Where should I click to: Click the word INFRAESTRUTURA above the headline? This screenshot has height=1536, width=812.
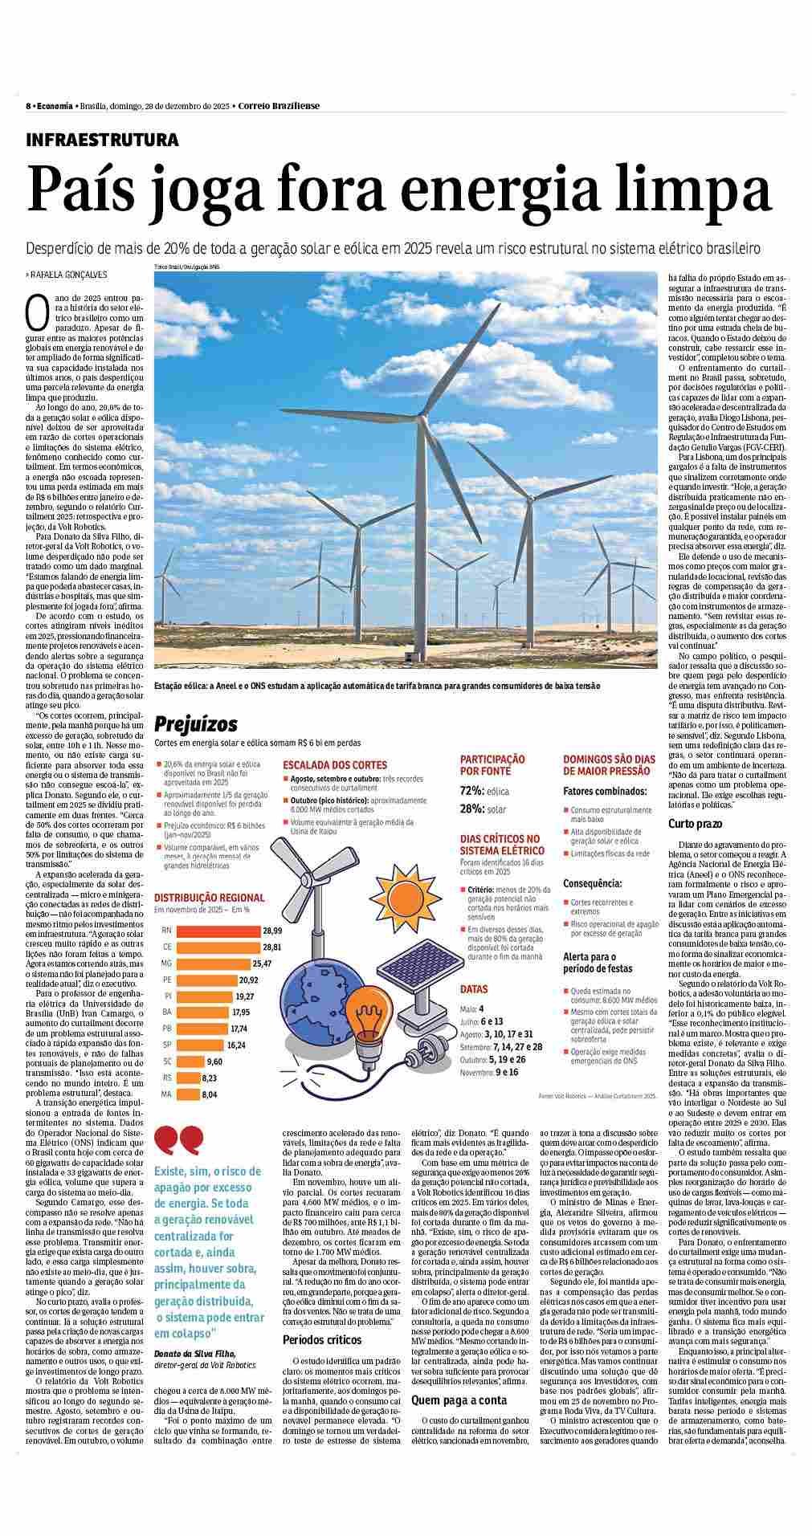pos(103,140)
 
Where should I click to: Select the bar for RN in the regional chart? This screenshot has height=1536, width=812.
pos(218,931)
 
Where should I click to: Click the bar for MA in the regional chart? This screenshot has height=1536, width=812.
pos(188,1094)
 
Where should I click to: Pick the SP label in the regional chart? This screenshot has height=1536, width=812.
pos(166,1045)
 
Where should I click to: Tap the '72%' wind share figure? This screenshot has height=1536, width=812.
pos(471,791)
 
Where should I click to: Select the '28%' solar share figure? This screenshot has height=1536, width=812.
pos(471,809)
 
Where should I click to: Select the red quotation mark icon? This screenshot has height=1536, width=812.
pos(177,1139)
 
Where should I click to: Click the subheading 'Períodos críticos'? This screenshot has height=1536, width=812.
pos(322,1340)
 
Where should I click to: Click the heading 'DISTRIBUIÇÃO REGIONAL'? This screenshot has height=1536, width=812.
pos(209,898)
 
